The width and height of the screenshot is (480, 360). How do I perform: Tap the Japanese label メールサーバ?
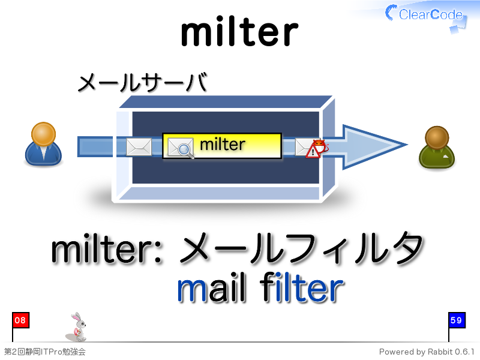pyautogui.click(x=143, y=82)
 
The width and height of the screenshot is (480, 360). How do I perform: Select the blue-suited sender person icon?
pyautogui.click(x=43, y=144)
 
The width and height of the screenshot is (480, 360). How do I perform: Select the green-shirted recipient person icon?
pyautogui.click(x=437, y=147)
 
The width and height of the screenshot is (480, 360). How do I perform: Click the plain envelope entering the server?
pyautogui.click(x=139, y=146)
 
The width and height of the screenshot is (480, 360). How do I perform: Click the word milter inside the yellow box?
pyautogui.click(x=223, y=144)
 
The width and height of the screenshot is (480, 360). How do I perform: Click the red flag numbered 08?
pyautogui.click(x=20, y=320)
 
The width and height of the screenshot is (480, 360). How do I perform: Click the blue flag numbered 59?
pyautogui.click(x=457, y=320)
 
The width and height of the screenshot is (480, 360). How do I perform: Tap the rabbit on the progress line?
pyautogui.click(x=77, y=326)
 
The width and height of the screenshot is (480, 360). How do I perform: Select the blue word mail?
pyautogui.click(x=212, y=288)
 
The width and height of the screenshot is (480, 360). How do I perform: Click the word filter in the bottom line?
pyautogui.click(x=302, y=288)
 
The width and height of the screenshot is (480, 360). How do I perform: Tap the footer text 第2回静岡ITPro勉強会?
pyautogui.click(x=44, y=352)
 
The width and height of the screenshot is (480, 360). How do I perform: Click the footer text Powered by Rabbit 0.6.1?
pyautogui.click(x=427, y=352)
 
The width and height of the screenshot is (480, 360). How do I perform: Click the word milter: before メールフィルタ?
pyautogui.click(x=107, y=250)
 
